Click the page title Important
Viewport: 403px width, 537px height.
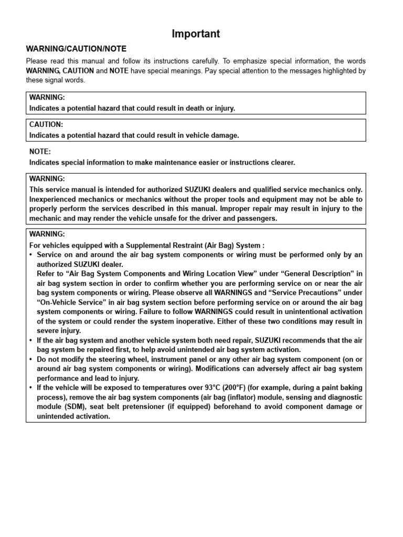196,34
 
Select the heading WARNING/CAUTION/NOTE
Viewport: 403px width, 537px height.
76,49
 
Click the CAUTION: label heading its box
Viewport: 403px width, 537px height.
46,125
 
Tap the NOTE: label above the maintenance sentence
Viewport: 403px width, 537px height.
40,152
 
